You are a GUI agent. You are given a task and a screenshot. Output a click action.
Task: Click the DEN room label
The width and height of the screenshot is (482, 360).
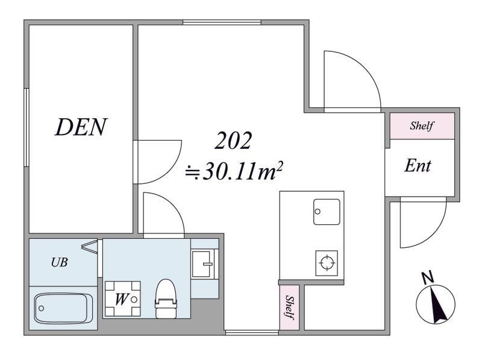click(x=81, y=127)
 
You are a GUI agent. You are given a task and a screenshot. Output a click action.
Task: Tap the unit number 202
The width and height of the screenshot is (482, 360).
click(x=233, y=141)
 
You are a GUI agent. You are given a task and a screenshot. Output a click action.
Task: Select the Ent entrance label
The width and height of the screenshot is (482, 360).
click(x=418, y=166)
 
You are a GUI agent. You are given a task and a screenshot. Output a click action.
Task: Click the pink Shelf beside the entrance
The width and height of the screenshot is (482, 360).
click(x=422, y=126)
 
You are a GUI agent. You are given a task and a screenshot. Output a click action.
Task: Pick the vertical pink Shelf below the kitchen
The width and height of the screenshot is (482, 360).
click(x=289, y=308)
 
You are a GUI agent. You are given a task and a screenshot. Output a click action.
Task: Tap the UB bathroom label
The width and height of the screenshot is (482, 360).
click(x=59, y=262)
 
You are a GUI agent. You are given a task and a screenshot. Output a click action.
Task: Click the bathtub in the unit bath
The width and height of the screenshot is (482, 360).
click(x=64, y=308)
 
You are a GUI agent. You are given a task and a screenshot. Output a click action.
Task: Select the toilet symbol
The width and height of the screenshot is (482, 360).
click(x=166, y=298)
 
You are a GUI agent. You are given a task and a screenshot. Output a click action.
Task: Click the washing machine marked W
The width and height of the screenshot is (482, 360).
click(x=122, y=298)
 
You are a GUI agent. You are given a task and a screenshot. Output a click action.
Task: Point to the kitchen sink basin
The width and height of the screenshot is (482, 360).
click(x=327, y=212)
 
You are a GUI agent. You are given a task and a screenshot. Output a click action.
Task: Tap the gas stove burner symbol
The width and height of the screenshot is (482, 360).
click(x=327, y=263)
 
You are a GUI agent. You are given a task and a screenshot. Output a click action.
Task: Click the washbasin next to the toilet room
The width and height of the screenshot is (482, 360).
click(x=202, y=264)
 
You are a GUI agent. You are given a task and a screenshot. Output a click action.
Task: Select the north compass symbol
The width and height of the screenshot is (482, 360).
click(x=435, y=304)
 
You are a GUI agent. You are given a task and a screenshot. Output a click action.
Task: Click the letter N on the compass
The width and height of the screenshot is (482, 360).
click(x=428, y=277)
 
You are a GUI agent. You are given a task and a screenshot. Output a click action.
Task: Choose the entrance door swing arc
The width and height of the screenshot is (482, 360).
click(x=433, y=233)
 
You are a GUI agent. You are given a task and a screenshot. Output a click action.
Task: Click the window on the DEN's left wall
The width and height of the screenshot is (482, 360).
click(x=27, y=128)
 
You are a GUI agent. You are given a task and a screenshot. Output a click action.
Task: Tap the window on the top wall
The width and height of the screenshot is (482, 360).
click(x=222, y=22)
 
